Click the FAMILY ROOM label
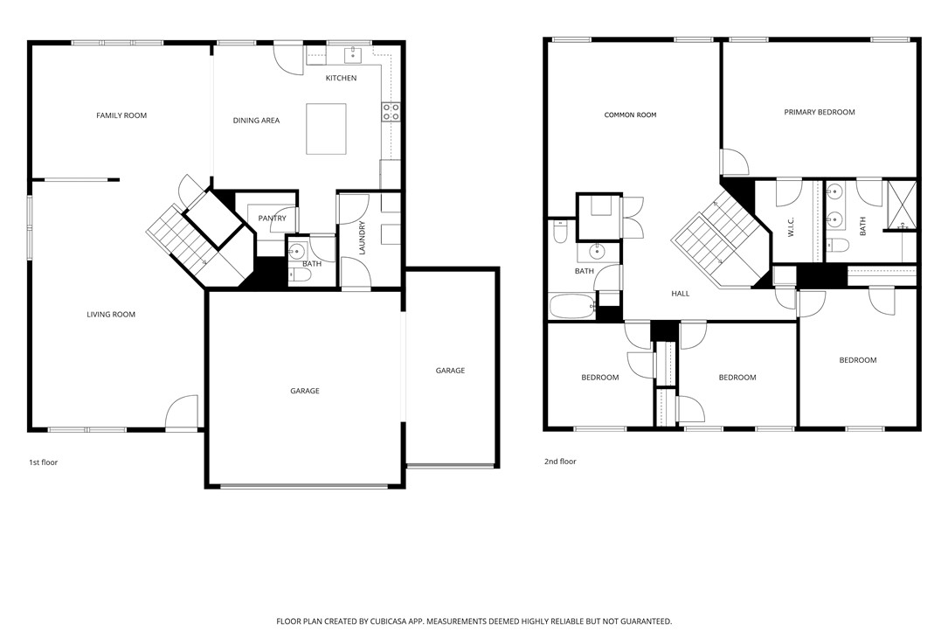(x=121, y=115)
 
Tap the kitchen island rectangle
(x=326, y=128)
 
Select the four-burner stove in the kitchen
(x=391, y=111)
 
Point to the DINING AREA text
(x=256, y=121)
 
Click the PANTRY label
(x=272, y=219)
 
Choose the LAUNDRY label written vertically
(x=361, y=238)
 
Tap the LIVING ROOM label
(x=111, y=315)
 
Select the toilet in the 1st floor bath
(x=300, y=275)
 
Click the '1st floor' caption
(x=43, y=462)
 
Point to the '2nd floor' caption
(x=561, y=462)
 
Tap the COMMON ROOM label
(x=630, y=115)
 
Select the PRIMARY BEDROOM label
(x=819, y=112)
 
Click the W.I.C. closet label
(x=791, y=227)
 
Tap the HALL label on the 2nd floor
(x=681, y=294)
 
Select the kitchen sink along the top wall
(x=355, y=55)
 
